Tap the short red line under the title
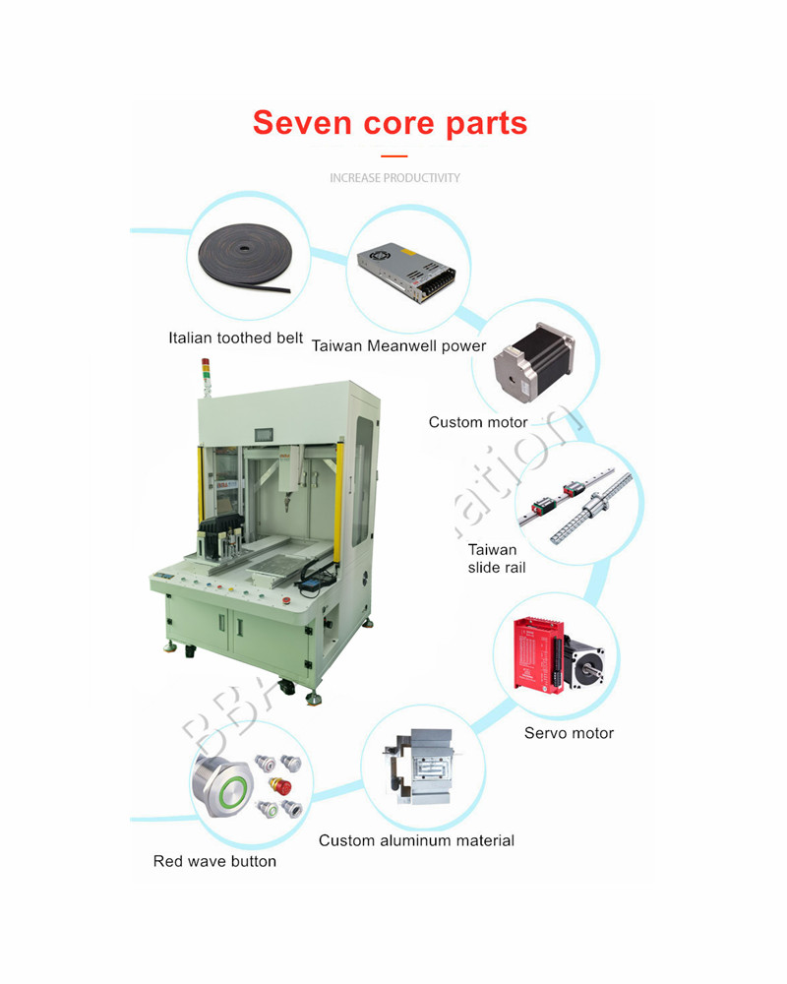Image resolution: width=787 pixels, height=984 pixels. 393,156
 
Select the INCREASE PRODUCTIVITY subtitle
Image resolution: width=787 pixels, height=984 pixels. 394,178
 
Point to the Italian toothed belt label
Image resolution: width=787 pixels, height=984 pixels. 235,338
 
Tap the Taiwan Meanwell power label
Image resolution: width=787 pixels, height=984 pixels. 398,345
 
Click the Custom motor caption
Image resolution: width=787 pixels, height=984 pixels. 478,422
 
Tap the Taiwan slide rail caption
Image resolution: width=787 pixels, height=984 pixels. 493,559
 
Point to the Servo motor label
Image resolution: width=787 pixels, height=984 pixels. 569,733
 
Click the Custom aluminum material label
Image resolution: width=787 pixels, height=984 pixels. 416,840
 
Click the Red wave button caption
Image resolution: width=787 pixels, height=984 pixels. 214,862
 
